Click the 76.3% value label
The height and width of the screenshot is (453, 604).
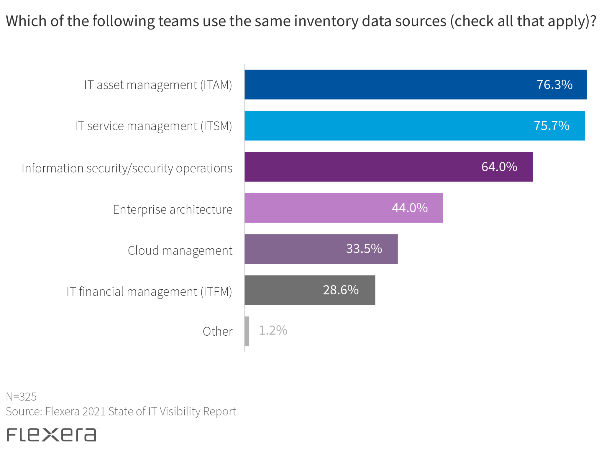coord(554,85)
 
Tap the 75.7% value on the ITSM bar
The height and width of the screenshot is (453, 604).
coord(551,126)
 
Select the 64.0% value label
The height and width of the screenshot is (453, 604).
coord(499,167)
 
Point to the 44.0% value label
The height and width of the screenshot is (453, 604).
coord(409,208)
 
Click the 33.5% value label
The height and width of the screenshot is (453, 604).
coord(364,249)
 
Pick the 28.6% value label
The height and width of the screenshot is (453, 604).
coord(341,290)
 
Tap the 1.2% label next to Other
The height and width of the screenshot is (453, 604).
coord(273,330)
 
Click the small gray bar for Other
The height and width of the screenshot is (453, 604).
coord(247,331)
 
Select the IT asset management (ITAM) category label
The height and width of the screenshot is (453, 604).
coord(158,85)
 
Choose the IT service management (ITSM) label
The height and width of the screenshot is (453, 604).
coord(153,126)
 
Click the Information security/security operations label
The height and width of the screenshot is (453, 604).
coord(127,168)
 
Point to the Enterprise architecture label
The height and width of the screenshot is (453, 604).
coord(173,209)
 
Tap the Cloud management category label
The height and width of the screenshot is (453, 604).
coord(180,250)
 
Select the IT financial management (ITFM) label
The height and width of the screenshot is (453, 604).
coord(149,291)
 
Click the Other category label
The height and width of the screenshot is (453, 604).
coord(217,331)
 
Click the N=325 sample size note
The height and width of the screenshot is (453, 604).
coord(21,397)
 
